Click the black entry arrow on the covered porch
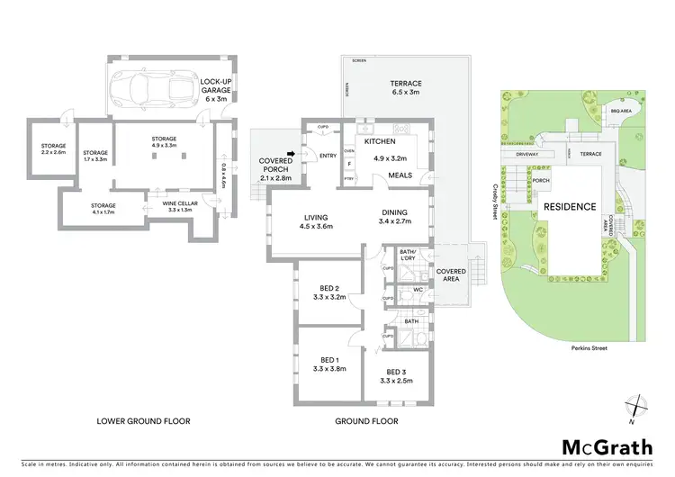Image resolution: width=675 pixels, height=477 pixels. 291,154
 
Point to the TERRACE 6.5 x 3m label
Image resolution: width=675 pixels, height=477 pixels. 406,87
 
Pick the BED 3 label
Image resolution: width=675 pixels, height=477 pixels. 398,375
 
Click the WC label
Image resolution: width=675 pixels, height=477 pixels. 418,290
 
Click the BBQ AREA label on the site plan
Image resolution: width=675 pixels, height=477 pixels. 618,111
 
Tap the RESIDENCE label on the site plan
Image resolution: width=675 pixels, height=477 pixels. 569,206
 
